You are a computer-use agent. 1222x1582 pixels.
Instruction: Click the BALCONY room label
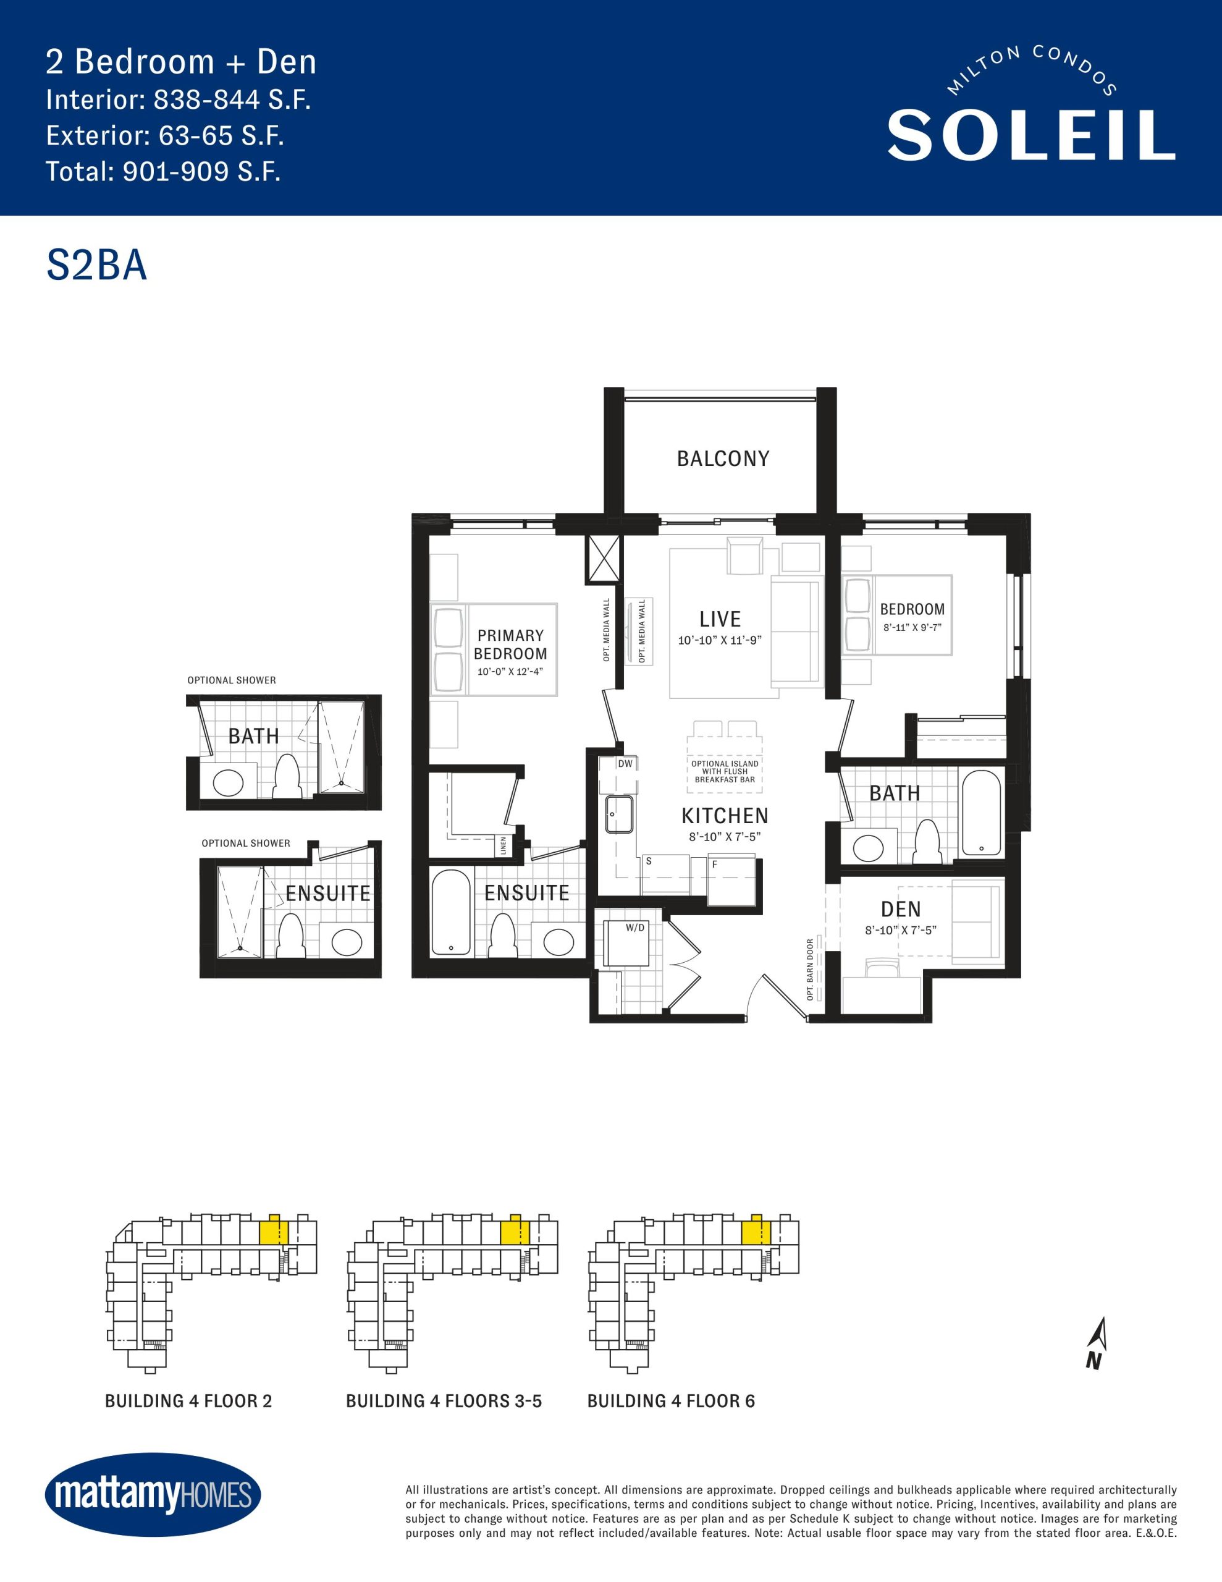[x=723, y=459]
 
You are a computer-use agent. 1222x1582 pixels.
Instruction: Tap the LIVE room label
[x=720, y=619]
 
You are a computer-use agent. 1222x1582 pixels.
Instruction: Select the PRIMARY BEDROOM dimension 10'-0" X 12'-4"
[x=510, y=672]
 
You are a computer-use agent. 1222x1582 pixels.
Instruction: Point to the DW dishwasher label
[x=625, y=763]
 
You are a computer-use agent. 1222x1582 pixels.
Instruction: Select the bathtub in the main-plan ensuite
[x=451, y=912]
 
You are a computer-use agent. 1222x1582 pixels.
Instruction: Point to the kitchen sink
[x=619, y=814]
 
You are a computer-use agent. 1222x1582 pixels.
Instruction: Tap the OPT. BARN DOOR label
[x=811, y=970]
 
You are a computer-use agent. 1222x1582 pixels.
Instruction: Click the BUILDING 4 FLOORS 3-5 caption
[x=444, y=1401]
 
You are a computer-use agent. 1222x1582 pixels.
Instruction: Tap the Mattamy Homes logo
[x=153, y=1494]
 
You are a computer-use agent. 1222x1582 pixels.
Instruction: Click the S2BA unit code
[x=97, y=264]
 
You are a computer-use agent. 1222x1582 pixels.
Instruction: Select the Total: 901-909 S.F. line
[x=163, y=171]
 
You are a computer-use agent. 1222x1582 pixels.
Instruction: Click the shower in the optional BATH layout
[x=342, y=747]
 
